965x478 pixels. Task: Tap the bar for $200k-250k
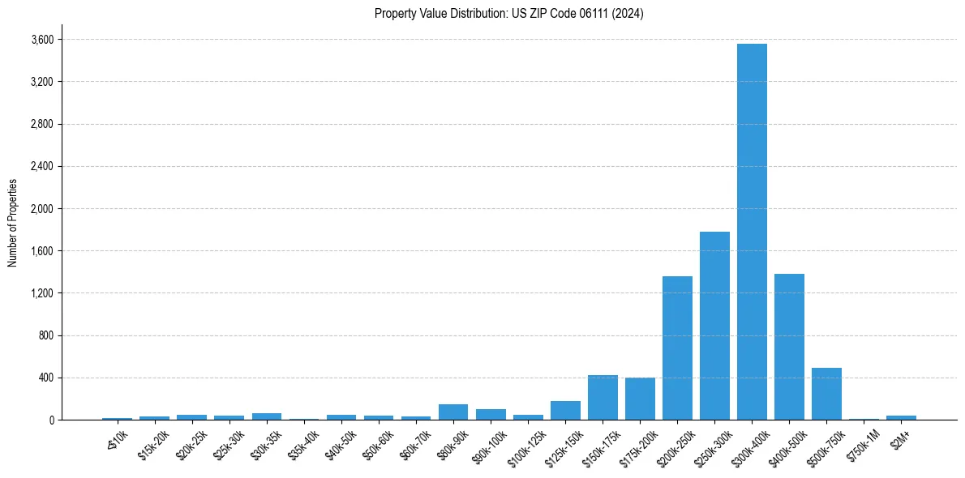pyautogui.click(x=677, y=348)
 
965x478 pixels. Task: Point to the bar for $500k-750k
pyautogui.click(x=826, y=394)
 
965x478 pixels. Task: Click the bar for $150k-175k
pyautogui.click(x=603, y=397)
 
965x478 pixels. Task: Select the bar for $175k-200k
pyautogui.click(x=640, y=399)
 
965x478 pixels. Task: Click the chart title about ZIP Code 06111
pyautogui.click(x=509, y=14)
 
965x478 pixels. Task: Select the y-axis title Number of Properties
pyautogui.click(x=13, y=223)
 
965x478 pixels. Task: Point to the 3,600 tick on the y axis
pyautogui.click(x=41, y=40)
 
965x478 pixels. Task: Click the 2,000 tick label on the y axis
pyautogui.click(x=41, y=209)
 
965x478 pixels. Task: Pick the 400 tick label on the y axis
pyautogui.click(x=45, y=378)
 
